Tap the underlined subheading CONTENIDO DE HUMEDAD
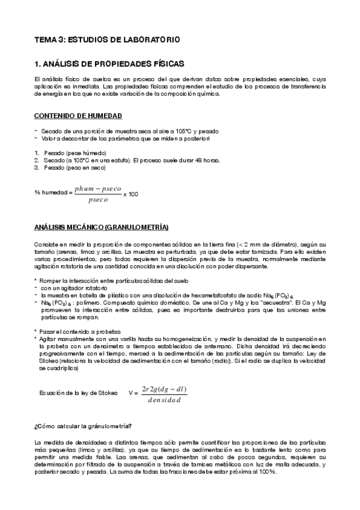click(x=78, y=114)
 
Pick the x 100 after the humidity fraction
click(x=130, y=194)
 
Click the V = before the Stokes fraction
click(x=133, y=392)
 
